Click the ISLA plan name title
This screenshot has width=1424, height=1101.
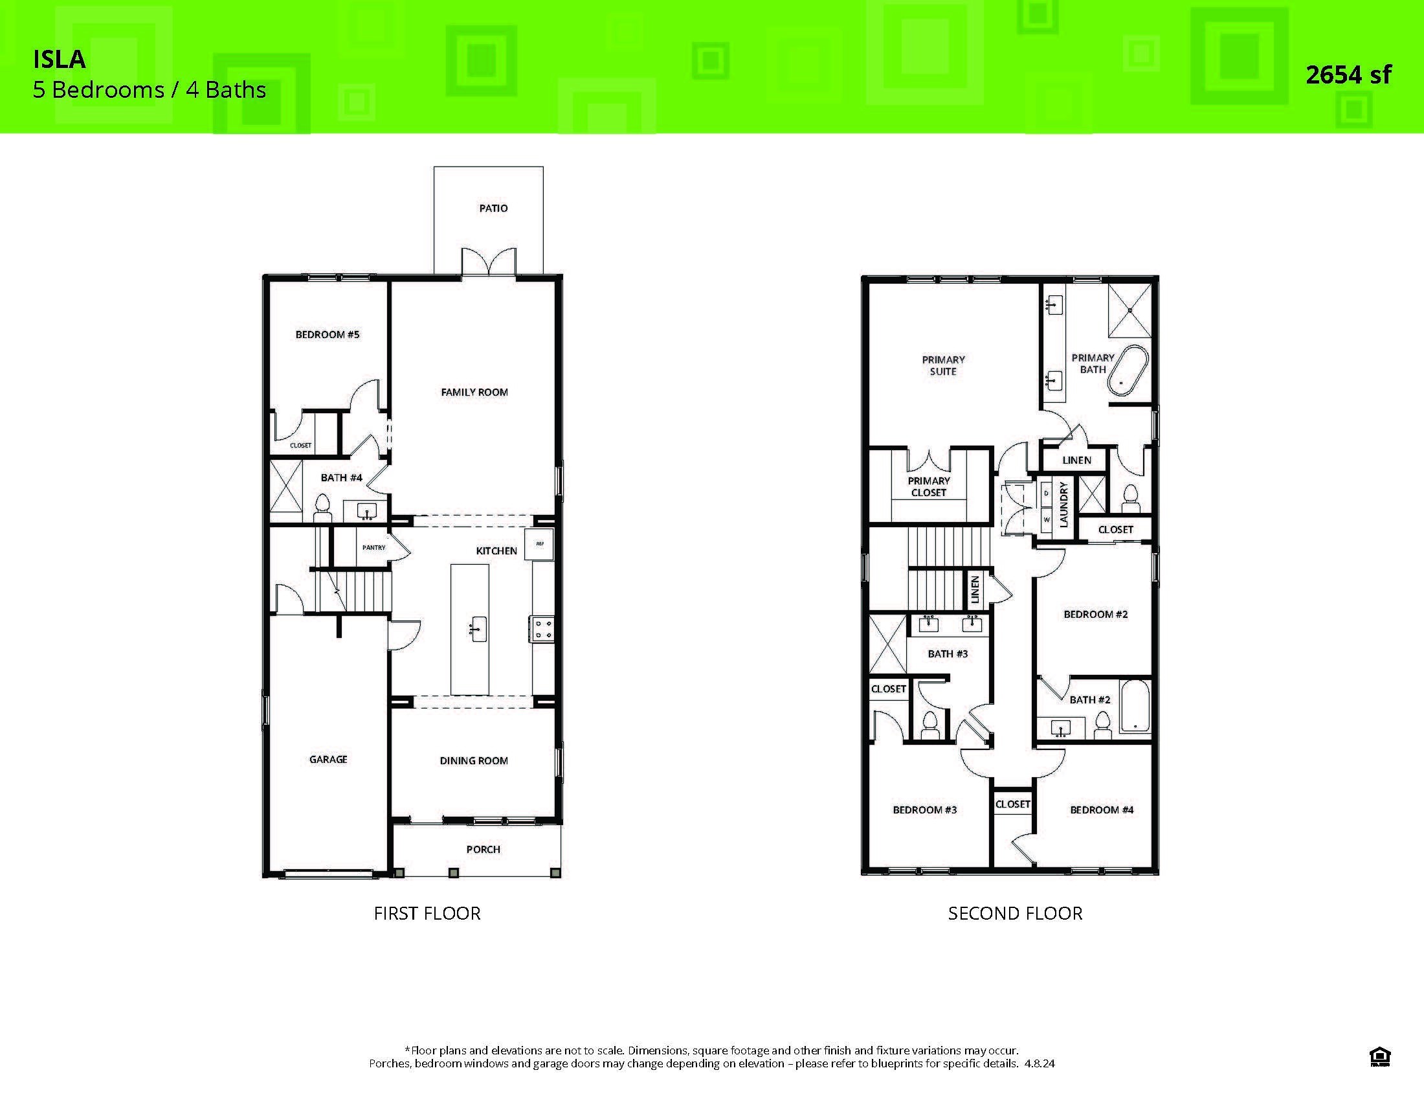[x=60, y=60]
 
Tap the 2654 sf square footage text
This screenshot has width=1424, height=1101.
[x=1348, y=75]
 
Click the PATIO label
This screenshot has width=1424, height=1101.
[x=493, y=208]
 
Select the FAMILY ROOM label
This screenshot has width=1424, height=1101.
[x=474, y=392]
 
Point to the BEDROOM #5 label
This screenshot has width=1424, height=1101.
[x=328, y=335]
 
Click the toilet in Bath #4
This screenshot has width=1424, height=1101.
[x=322, y=508]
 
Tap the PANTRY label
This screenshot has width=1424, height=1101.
[x=373, y=547]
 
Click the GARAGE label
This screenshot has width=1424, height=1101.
[x=328, y=759]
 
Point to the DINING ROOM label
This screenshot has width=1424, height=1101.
[x=473, y=760]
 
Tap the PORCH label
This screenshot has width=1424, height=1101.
[x=483, y=849]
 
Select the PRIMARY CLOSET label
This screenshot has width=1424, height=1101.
[x=928, y=486]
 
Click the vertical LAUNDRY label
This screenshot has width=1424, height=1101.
[x=1063, y=503]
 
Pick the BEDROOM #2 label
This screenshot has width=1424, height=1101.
[x=1095, y=614]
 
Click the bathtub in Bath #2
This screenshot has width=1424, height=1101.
[x=1135, y=707]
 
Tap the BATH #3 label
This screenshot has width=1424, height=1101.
[x=948, y=653]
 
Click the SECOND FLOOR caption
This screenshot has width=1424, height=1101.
[x=1014, y=913]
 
